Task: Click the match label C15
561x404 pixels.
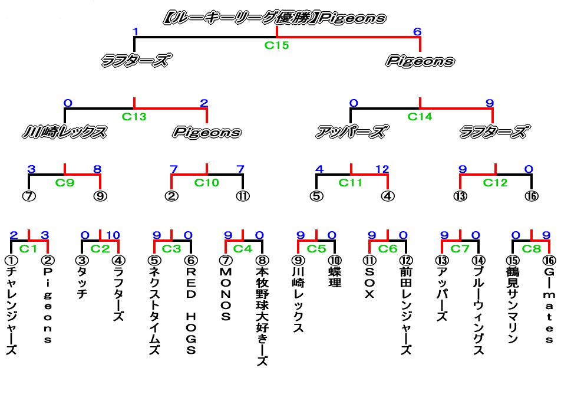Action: click(x=276, y=45)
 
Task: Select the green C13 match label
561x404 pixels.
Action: click(x=134, y=117)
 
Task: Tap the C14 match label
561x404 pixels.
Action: click(x=420, y=117)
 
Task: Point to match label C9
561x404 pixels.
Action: click(x=65, y=183)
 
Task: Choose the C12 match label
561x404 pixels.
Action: click(x=495, y=183)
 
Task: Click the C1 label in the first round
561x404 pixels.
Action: click(x=28, y=248)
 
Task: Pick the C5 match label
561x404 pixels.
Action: click(x=316, y=248)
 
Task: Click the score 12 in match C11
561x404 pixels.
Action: click(x=382, y=170)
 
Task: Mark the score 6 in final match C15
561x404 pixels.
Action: click(x=417, y=32)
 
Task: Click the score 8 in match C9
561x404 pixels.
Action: click(x=97, y=170)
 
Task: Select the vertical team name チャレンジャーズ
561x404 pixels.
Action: click(x=11, y=311)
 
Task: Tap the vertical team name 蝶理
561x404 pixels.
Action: click(x=334, y=278)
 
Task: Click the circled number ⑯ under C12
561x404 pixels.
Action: click(x=532, y=196)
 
